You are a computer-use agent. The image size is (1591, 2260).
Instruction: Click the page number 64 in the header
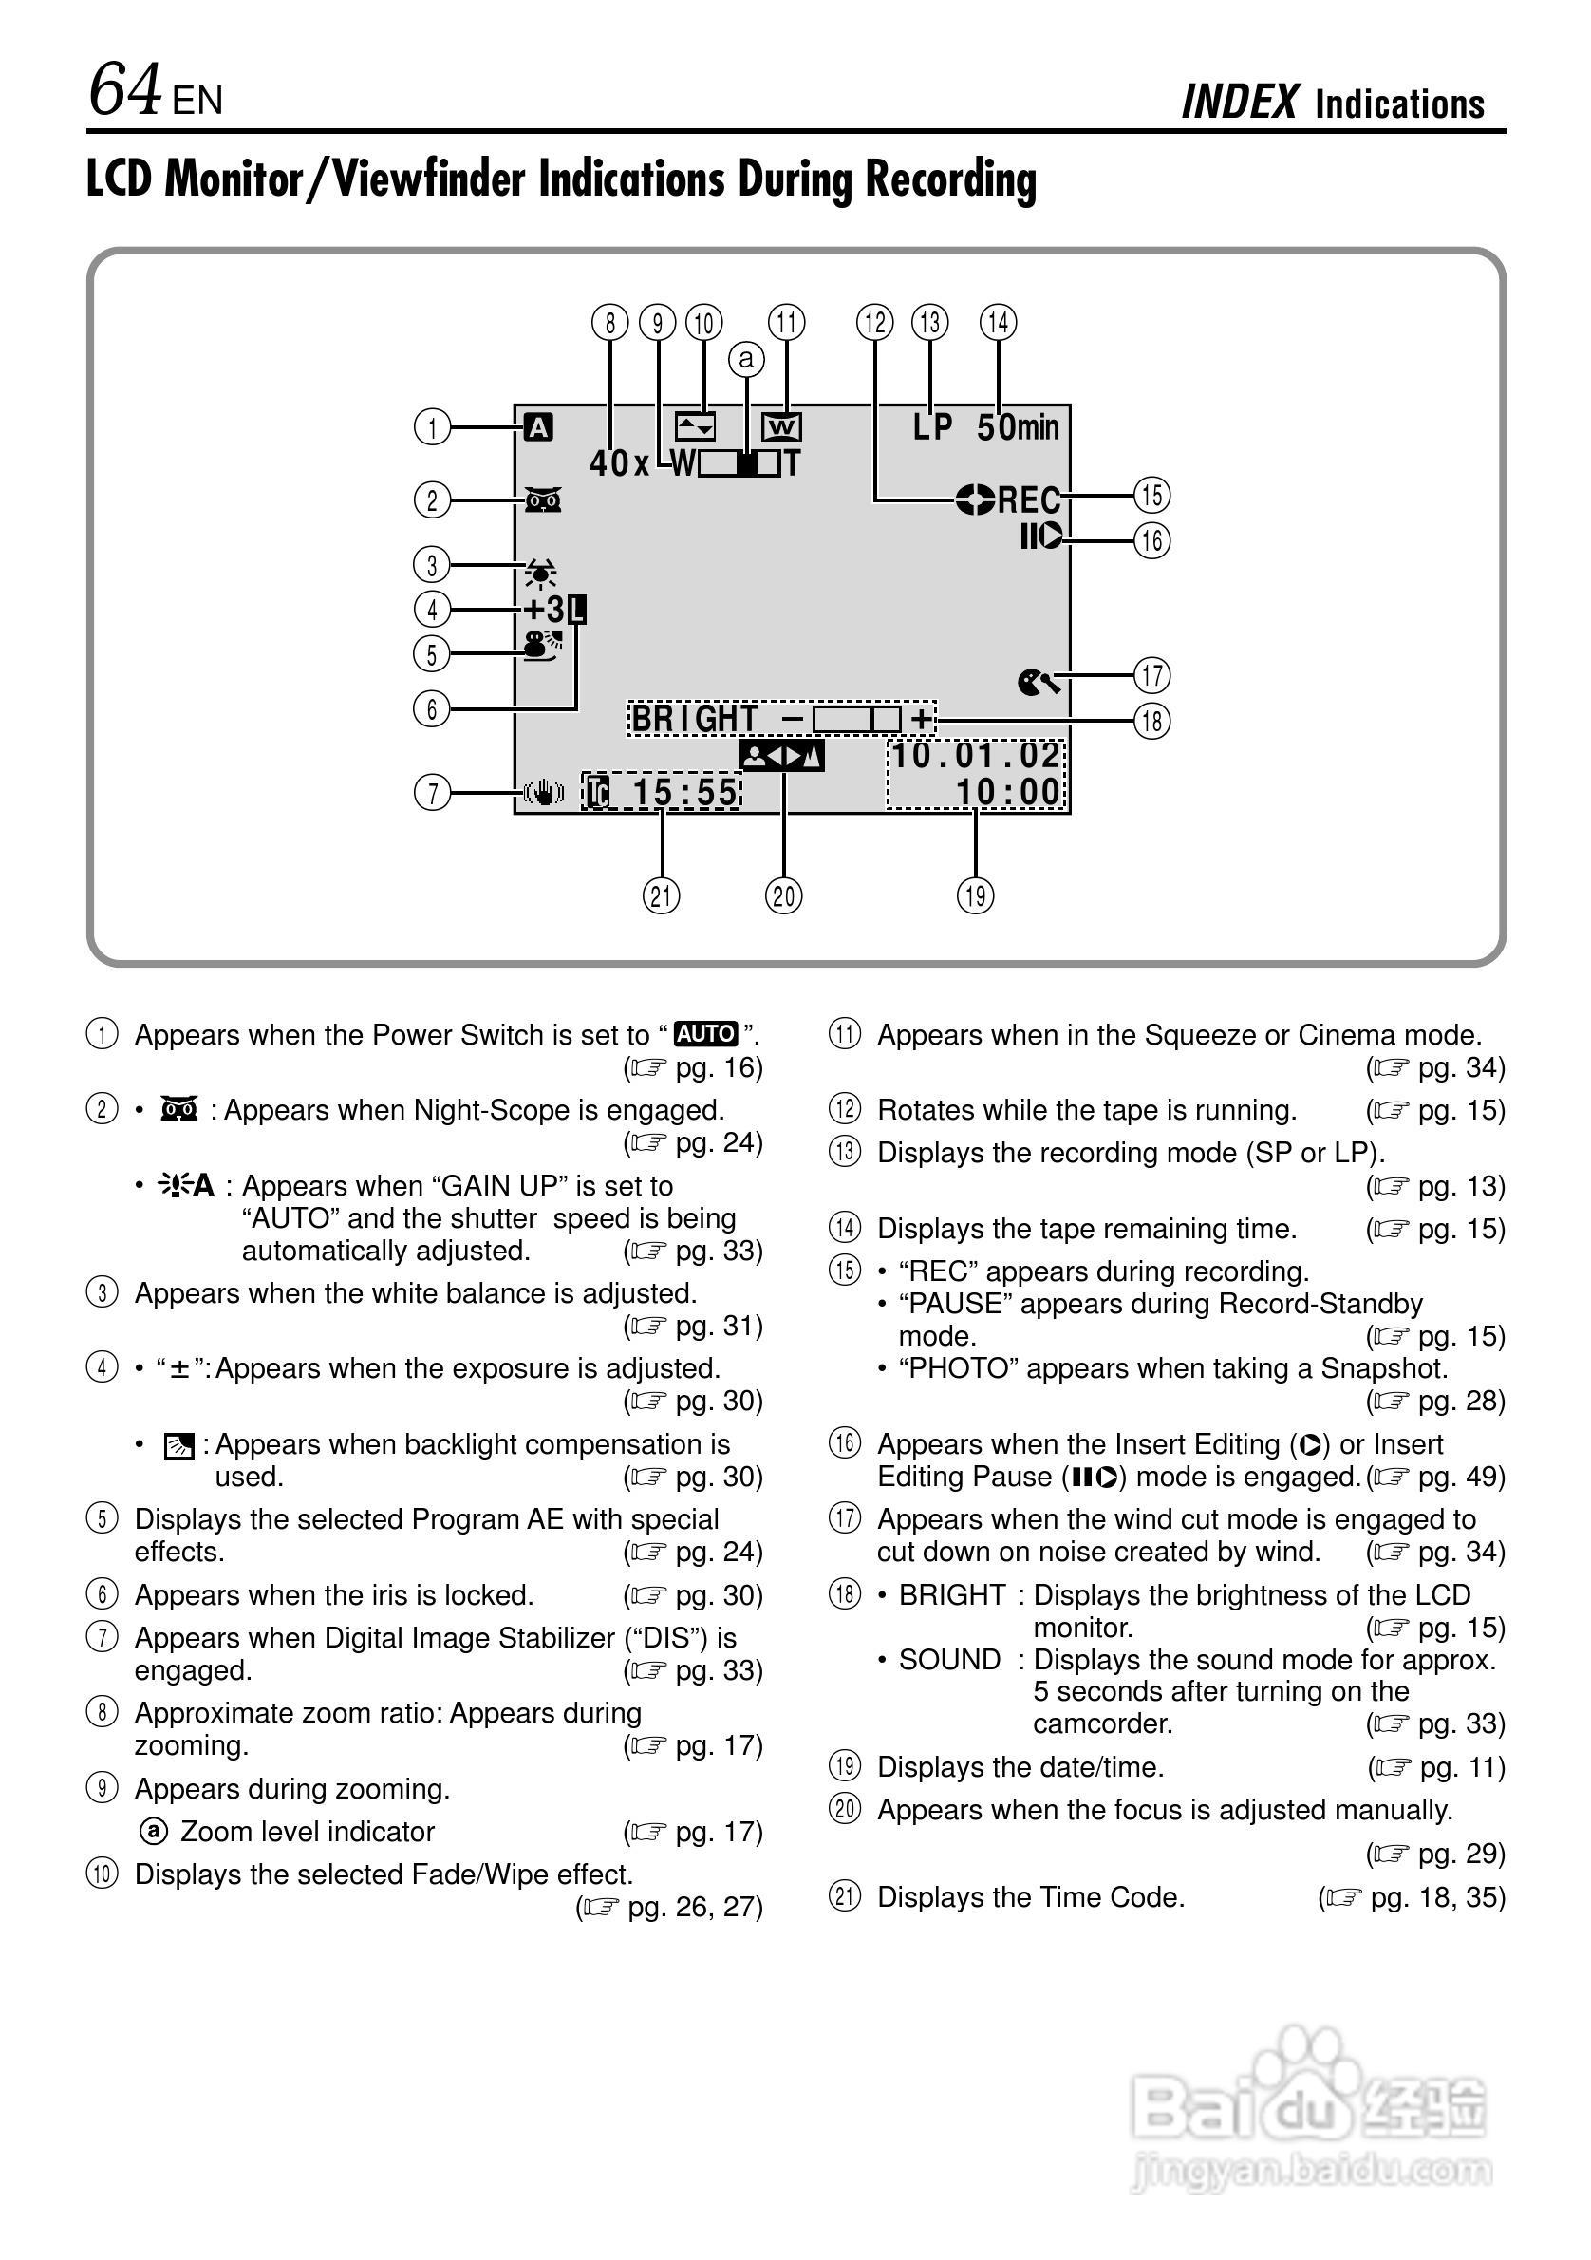point(124,89)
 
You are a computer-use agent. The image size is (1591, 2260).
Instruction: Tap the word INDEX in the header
point(1240,103)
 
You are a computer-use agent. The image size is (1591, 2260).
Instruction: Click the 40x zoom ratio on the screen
point(619,462)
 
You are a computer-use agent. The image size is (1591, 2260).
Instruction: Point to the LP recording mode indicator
point(932,427)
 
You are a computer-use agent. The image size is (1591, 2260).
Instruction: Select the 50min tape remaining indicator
point(1018,427)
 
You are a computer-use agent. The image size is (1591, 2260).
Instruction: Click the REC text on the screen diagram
point(1029,500)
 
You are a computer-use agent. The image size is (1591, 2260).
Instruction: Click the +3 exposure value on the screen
point(545,610)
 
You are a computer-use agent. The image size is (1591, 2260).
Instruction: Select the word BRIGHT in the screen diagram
point(694,720)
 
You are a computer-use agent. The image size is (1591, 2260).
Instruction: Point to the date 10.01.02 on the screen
point(975,755)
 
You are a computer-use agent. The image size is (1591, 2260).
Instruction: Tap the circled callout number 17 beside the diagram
point(1152,675)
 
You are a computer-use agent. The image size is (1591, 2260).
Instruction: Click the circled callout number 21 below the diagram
point(662,895)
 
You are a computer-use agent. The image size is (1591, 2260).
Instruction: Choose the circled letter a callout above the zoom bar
point(746,359)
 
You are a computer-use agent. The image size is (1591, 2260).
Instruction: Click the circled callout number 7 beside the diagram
point(432,792)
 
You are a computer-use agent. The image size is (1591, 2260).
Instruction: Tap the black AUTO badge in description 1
point(705,1033)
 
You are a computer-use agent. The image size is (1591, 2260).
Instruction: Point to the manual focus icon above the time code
point(781,756)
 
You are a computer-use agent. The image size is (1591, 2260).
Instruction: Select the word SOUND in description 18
point(948,1660)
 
